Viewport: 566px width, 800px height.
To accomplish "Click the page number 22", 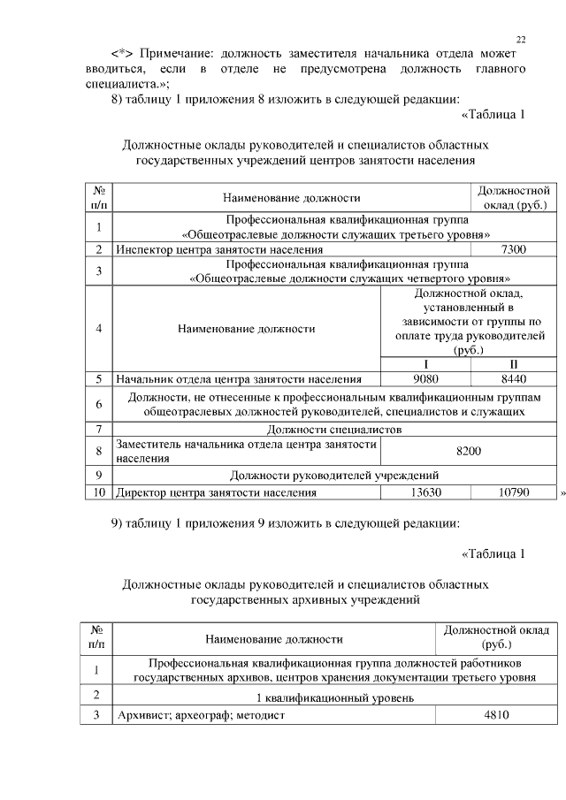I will pyautogui.click(x=521, y=40).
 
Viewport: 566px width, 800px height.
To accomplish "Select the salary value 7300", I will pyautogui.click(x=513, y=250).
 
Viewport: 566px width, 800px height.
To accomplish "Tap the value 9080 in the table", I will pyautogui.click(x=414, y=379).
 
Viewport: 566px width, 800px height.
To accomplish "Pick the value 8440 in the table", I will pyautogui.click(x=513, y=379).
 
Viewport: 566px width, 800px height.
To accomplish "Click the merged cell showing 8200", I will pyautogui.click(x=468, y=452).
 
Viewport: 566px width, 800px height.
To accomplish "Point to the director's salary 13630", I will pyautogui.click(x=414, y=491).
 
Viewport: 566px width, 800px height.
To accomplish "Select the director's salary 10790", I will pyautogui.click(x=513, y=491).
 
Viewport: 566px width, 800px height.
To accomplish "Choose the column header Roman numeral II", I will pyautogui.click(x=513, y=364).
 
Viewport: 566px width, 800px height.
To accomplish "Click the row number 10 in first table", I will pyautogui.click(x=99, y=491).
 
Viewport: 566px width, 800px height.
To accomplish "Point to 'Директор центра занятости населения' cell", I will pyautogui.click(x=217, y=491).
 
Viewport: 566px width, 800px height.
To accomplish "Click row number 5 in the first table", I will pyautogui.click(x=99, y=379).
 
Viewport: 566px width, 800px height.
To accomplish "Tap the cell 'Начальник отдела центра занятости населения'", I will pyautogui.click(x=239, y=379).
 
